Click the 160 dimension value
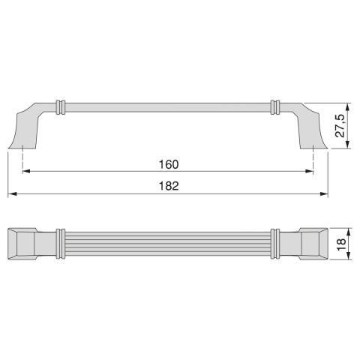(x=169, y=164)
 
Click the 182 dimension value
(x=169, y=186)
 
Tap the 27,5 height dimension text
(x=340, y=125)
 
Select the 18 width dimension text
(x=341, y=244)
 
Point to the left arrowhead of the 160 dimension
(x=26, y=171)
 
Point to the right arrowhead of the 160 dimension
(x=310, y=171)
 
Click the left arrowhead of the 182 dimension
(x=12, y=193)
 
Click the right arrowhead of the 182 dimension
(x=324, y=193)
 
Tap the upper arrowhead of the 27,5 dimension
(x=347, y=107)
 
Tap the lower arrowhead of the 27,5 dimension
(x=347, y=145)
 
